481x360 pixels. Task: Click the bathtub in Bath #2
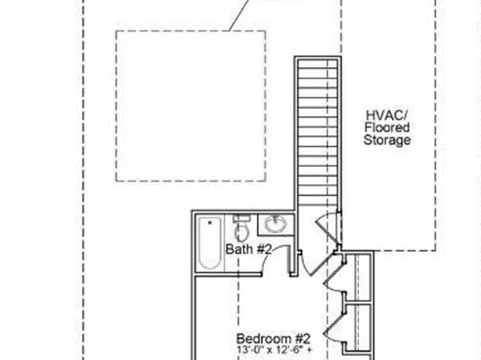click(x=210, y=243)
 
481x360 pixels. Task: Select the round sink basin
click(x=275, y=224)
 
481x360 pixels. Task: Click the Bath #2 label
click(x=249, y=249)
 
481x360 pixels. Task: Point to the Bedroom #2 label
click(x=274, y=339)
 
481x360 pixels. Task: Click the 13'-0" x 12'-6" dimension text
click(x=275, y=350)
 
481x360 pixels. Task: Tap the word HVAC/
click(x=387, y=115)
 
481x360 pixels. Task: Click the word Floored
click(x=387, y=128)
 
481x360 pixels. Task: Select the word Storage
click(x=387, y=140)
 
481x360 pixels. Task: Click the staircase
click(x=318, y=132)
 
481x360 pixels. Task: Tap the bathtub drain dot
click(x=210, y=222)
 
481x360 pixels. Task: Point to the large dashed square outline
click(x=116, y=106)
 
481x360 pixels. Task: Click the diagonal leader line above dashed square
click(x=239, y=15)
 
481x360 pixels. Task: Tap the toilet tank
click(x=242, y=218)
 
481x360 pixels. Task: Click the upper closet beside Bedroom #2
click(x=359, y=277)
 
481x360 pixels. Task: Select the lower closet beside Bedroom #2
click(x=359, y=327)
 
